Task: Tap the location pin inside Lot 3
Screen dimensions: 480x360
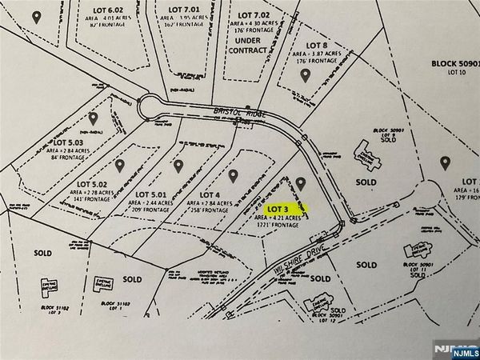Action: (x=301, y=184)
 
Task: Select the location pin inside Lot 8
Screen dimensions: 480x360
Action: (x=306, y=74)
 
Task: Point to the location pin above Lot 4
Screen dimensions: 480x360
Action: (x=233, y=174)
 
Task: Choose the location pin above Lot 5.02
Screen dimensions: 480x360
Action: (x=120, y=166)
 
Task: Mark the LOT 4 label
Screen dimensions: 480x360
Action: (x=209, y=194)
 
